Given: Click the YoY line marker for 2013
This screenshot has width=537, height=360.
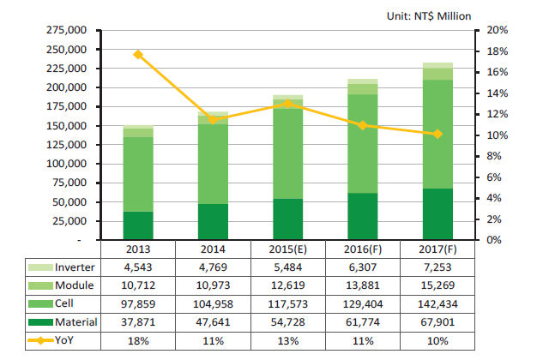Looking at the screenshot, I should point(138,55).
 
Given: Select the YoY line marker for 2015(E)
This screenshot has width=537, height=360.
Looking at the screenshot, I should point(287,104).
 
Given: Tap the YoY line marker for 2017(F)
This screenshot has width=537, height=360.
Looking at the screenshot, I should point(437,134).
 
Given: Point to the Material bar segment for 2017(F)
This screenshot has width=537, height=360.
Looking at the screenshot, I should point(437,213).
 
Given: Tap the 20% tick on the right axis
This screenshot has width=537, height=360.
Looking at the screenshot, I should point(498,30).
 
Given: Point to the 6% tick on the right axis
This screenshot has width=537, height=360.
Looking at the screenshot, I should point(496,177).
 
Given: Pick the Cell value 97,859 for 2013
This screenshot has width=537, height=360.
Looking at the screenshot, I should point(138,304).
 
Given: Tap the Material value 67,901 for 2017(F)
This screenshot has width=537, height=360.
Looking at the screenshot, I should point(437,322).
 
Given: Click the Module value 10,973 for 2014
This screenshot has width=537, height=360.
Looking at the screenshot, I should point(212,285).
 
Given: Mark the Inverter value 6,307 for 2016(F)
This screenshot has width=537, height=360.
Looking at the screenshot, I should point(362,267).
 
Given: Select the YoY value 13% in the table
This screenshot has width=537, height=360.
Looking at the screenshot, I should point(287,341).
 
